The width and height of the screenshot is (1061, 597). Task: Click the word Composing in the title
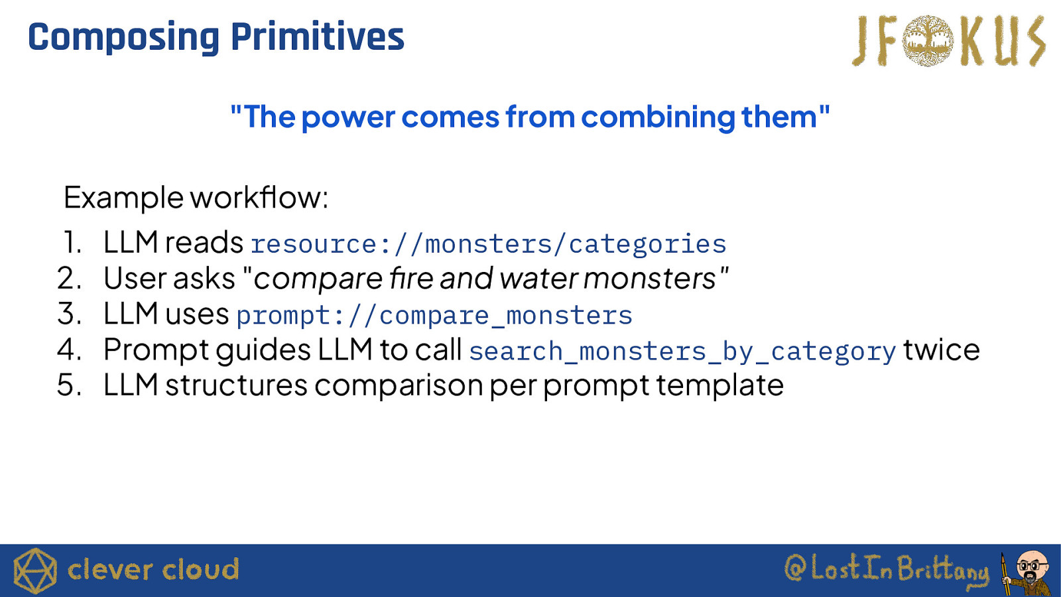click(123, 38)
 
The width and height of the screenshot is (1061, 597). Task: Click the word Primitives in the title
click(318, 36)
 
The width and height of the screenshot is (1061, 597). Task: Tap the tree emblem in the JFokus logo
click(928, 40)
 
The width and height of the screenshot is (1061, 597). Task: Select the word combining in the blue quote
click(658, 117)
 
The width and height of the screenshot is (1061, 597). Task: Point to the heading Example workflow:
click(196, 197)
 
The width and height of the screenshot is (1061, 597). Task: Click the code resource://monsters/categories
click(488, 244)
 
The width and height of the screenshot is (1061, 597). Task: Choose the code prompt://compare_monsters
click(434, 315)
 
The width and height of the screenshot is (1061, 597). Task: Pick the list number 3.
click(69, 314)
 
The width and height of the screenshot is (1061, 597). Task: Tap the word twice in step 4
click(941, 350)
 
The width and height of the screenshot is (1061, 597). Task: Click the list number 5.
click(69, 385)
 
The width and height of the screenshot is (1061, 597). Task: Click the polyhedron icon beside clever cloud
click(35, 571)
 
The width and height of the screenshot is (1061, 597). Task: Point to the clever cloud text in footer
click(153, 570)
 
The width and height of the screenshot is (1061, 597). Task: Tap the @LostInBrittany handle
click(886, 568)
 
